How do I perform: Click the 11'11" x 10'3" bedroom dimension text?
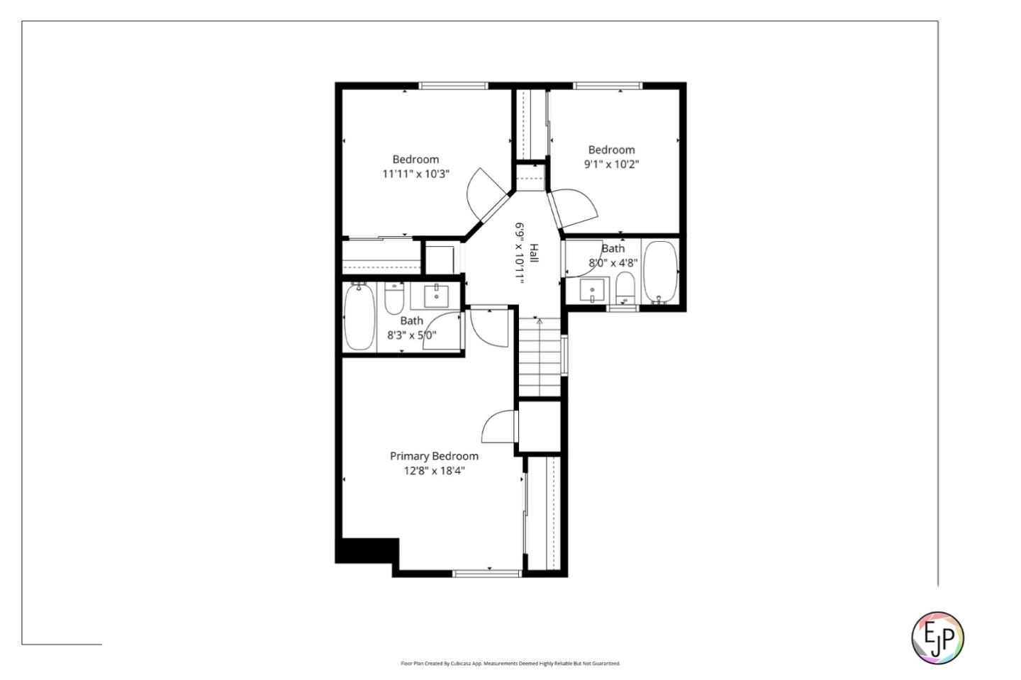point(416,174)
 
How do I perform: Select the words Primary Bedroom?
point(434,456)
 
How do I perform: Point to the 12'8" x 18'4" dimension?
point(434,470)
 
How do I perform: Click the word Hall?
point(534,254)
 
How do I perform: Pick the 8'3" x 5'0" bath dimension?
point(411,335)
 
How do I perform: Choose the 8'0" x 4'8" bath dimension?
point(613,262)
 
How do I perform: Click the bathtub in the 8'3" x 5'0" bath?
point(359,317)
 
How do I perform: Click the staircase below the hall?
point(540,357)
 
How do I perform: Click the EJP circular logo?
point(937,637)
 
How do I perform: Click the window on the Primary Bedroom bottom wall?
point(487,573)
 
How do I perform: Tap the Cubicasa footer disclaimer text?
point(510,664)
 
